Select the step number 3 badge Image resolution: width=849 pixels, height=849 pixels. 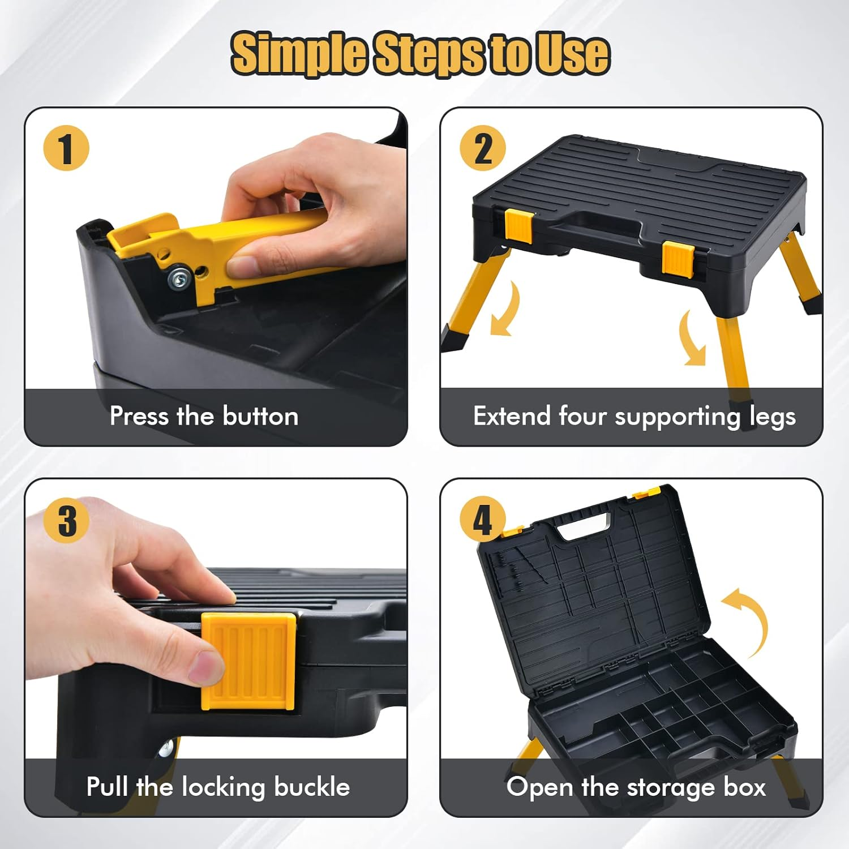pos(66,520)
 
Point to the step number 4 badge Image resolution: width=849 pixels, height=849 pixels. pos(482,520)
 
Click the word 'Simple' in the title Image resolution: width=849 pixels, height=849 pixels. pos(299,54)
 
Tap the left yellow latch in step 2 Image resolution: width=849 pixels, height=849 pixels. pos(518,225)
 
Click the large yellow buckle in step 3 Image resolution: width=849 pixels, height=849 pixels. pos(249,661)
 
